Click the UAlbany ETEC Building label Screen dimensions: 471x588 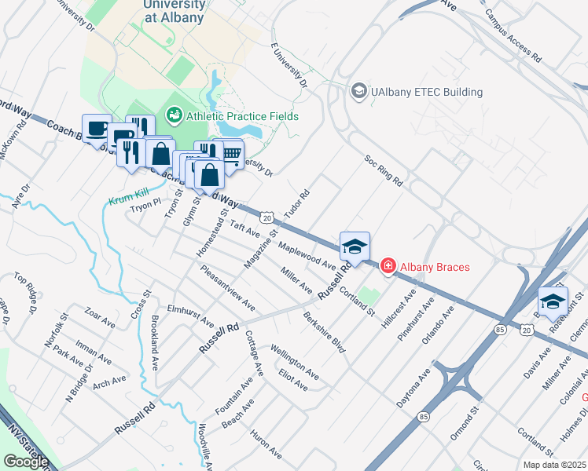(428, 92)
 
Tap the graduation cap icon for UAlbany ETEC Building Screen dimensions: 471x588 (360, 92)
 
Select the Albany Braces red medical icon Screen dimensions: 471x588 (388, 267)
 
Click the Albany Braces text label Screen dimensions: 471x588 (435, 267)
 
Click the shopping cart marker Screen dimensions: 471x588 (229, 154)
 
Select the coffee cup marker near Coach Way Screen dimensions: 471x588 (97, 128)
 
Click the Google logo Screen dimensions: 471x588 (25, 462)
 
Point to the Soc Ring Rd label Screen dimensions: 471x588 (384, 170)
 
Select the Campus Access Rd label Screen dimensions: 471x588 (513, 35)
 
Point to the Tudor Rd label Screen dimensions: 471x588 (297, 203)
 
